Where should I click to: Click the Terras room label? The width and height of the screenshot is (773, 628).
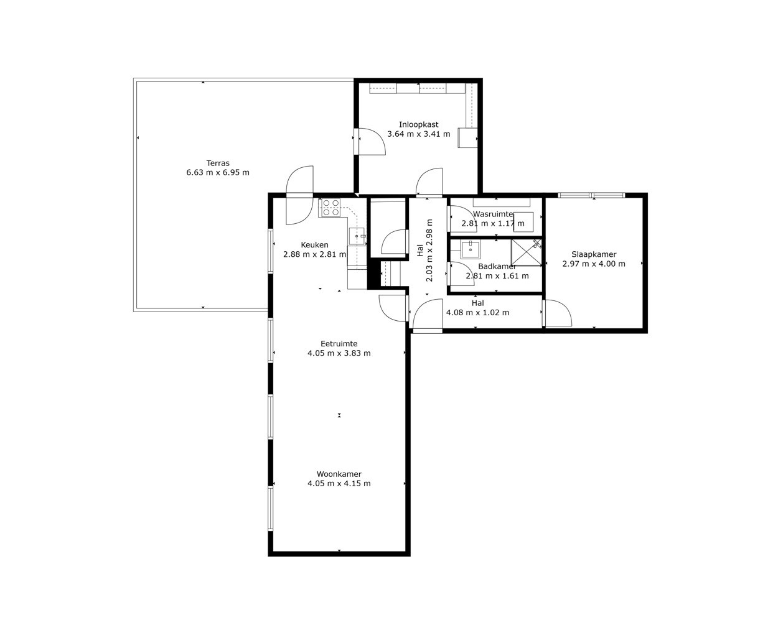pos(218,163)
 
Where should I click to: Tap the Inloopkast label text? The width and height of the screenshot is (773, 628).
pos(418,125)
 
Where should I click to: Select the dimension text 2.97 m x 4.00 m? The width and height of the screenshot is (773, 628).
pos(594,264)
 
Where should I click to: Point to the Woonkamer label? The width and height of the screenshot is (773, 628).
pos(339,474)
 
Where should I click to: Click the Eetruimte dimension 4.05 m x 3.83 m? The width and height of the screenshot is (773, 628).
pos(339,353)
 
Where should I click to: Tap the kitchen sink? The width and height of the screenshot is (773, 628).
pos(357,236)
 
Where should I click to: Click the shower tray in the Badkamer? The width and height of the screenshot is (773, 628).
pos(526,252)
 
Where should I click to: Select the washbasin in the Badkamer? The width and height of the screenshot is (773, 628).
pos(471,249)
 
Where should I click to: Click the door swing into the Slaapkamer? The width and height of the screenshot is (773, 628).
pos(558,313)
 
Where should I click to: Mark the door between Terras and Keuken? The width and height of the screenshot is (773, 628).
pos(299,195)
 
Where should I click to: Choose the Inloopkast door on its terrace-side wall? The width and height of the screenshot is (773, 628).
pos(371,141)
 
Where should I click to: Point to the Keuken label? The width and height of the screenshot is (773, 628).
pos(315,245)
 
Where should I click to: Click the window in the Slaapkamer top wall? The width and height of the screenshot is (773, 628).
pos(591,195)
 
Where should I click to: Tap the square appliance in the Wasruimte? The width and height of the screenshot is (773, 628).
pos(523,222)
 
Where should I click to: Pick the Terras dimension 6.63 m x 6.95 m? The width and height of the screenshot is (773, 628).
pos(218,173)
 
